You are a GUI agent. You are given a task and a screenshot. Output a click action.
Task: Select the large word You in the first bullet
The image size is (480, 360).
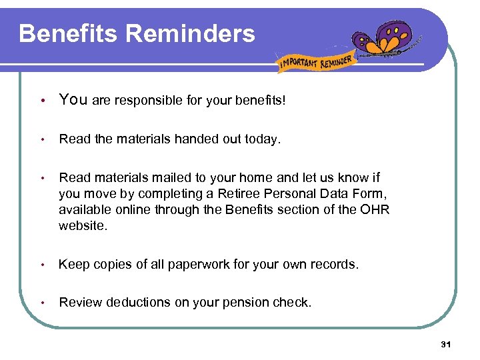pos(73,100)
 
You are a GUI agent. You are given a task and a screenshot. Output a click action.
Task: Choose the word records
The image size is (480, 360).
pos(335,264)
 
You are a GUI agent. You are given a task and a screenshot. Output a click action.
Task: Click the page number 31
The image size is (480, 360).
pos(446,344)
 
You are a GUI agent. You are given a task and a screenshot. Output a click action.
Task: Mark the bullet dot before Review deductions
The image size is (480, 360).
pos(42,303)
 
